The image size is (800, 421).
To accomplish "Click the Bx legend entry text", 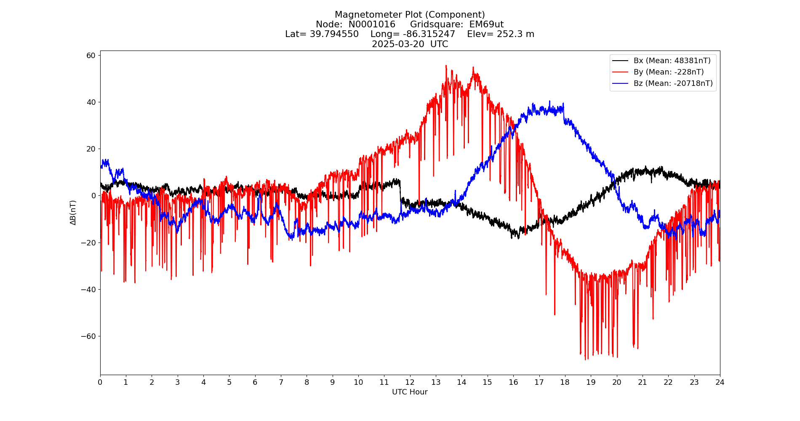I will coord(672,61).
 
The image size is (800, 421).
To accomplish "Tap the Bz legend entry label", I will coord(673,83).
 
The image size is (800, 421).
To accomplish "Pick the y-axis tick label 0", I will coord(93,196).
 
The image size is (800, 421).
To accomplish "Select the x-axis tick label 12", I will coord(410,382).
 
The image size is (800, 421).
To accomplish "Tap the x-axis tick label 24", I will coord(720,382).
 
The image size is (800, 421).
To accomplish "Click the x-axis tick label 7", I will coord(281,382).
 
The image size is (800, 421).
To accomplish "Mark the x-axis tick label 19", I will coord(591,382).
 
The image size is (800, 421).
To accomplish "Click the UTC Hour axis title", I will coord(410,392).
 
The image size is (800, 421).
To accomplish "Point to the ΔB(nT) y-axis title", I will coord(73,213).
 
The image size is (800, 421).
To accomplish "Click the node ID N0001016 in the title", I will coord(372,24).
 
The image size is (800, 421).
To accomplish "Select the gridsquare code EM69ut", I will coord(486,24).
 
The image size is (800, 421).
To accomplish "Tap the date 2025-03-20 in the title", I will coord(398,44).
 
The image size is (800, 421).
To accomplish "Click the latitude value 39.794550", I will coord(334,34).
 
